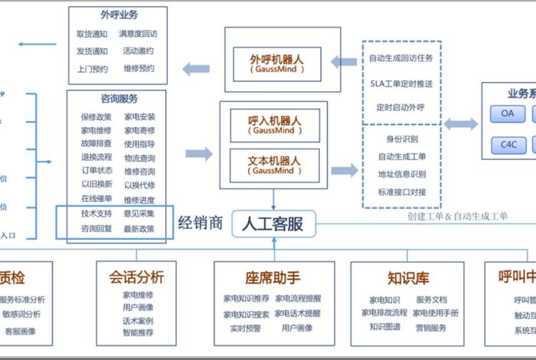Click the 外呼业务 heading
(119, 15)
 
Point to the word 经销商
(201, 223)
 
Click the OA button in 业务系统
(508, 114)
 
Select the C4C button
(508, 143)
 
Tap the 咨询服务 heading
(119, 99)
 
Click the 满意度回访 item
(138, 34)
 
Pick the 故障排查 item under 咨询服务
(96, 144)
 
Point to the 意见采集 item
(139, 214)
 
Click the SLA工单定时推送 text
(400, 83)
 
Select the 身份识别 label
(402, 139)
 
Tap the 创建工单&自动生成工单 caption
(458, 216)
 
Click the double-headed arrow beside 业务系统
(461, 124)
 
